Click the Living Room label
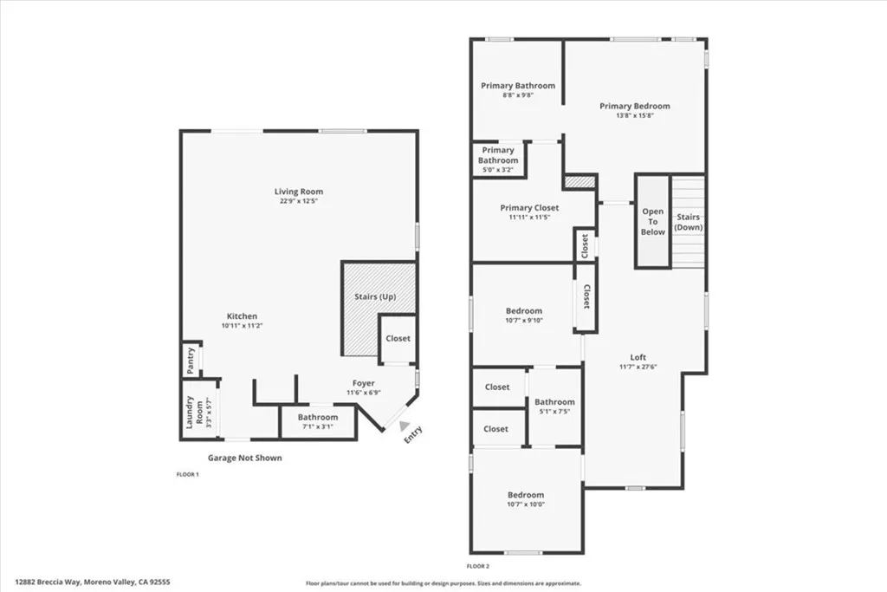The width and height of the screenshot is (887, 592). (x=299, y=192)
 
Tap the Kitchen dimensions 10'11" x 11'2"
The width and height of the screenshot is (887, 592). (x=242, y=326)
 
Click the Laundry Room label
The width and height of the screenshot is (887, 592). (x=195, y=413)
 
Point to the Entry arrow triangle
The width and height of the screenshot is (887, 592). (x=405, y=425)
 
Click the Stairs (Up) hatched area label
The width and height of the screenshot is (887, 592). (x=375, y=297)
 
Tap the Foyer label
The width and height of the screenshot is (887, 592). (x=363, y=383)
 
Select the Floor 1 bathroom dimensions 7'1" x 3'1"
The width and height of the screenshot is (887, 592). (x=318, y=426)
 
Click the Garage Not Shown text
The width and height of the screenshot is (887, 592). (x=244, y=458)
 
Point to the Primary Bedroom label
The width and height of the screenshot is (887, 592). (x=634, y=106)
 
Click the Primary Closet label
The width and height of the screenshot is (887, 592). (x=529, y=208)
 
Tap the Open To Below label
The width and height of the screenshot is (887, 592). (x=653, y=222)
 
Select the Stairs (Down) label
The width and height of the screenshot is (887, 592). (x=689, y=222)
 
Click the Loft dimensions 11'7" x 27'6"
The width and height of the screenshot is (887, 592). (x=638, y=368)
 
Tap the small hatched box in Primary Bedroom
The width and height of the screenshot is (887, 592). (x=579, y=182)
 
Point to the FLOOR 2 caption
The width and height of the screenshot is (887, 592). (x=478, y=566)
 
